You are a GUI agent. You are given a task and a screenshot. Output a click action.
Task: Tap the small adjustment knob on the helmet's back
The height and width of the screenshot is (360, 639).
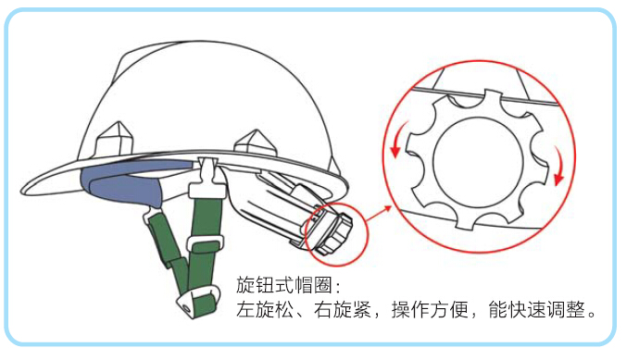point(332,233)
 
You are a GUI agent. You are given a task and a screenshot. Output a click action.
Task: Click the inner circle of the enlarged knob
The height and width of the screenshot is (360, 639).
point(478,162)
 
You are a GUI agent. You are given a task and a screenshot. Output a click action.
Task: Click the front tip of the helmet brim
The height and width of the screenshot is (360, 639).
point(22,191)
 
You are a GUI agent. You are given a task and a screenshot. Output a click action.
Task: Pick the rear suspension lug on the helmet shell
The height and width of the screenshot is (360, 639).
point(255,143)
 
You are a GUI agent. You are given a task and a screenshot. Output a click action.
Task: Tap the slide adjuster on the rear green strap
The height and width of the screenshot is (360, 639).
point(205,244)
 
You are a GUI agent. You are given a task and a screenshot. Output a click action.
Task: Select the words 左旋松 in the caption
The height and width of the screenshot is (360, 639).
point(265,310)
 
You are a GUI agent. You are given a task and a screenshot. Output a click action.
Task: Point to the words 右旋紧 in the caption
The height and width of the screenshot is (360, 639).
point(343,310)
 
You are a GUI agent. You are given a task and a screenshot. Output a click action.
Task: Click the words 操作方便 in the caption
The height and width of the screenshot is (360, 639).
point(430,310)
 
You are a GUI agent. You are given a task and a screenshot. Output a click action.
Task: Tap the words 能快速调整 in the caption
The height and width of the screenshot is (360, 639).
point(537,310)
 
